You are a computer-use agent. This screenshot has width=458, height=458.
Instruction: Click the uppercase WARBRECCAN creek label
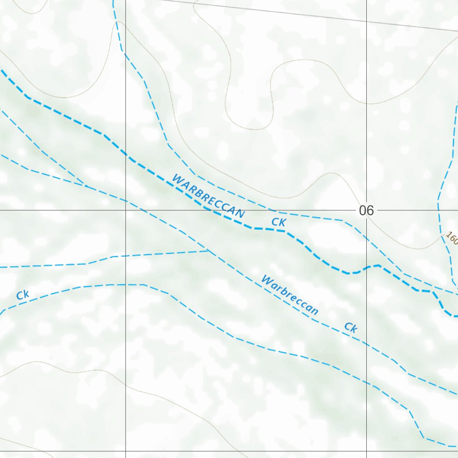pyautogui.click(x=208, y=197)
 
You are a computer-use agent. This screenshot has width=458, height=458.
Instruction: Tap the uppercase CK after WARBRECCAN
pyautogui.click(x=278, y=222)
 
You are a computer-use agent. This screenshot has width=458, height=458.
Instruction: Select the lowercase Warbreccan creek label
pyautogui.click(x=290, y=296)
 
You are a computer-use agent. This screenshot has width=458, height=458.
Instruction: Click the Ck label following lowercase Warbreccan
pyautogui.click(x=351, y=328)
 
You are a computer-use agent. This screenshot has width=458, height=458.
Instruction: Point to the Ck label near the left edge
pyautogui.click(x=23, y=295)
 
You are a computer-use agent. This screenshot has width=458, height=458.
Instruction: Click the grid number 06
pyautogui.click(x=366, y=210)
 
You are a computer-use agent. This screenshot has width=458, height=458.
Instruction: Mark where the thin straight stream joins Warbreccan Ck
pyautogui.click(x=208, y=251)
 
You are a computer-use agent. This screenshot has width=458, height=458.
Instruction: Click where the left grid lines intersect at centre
pyautogui.click(x=126, y=210)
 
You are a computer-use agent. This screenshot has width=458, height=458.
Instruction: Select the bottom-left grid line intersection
pyautogui.click(x=126, y=451)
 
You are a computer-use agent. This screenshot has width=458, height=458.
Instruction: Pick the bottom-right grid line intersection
pyautogui.click(x=366, y=451)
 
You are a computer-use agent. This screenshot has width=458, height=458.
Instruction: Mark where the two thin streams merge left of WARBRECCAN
pyautogui.click(x=85, y=185)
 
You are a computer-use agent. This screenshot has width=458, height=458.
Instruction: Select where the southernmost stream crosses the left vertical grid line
pyautogui.click(x=126, y=284)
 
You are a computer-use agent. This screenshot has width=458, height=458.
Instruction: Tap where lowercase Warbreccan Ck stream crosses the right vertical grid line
pyautogui.click(x=366, y=344)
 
